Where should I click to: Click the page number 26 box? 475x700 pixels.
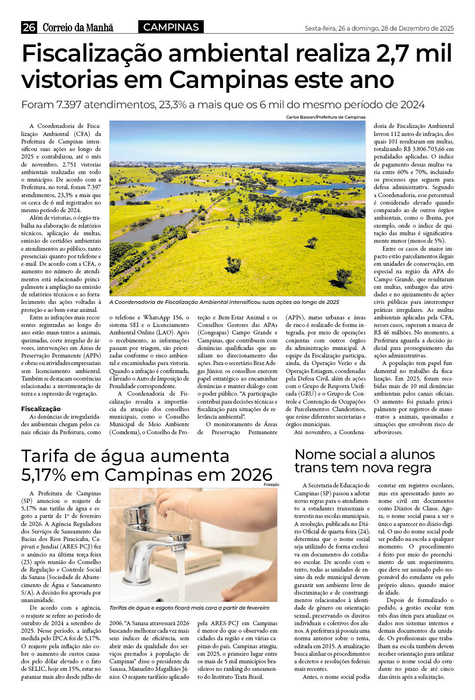tap(29, 27)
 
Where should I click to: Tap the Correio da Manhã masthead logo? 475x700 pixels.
tap(78, 28)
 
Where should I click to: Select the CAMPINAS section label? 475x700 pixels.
tap(171, 27)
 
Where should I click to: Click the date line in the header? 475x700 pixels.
tap(379, 29)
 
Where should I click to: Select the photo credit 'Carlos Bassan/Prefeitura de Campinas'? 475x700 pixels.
tap(325, 117)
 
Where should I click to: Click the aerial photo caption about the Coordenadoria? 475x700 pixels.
tap(224, 302)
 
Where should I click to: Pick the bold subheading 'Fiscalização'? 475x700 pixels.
tap(41, 409)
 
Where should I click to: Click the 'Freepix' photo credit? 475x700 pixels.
tap(271, 485)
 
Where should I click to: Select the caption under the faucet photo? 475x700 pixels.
tap(189, 608)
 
